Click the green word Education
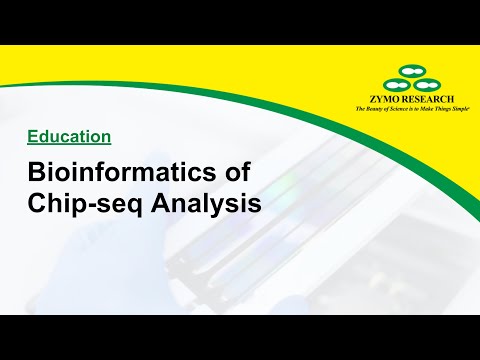(x=68, y=134)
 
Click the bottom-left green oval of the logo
(x=396, y=86)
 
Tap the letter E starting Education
(x=31, y=134)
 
